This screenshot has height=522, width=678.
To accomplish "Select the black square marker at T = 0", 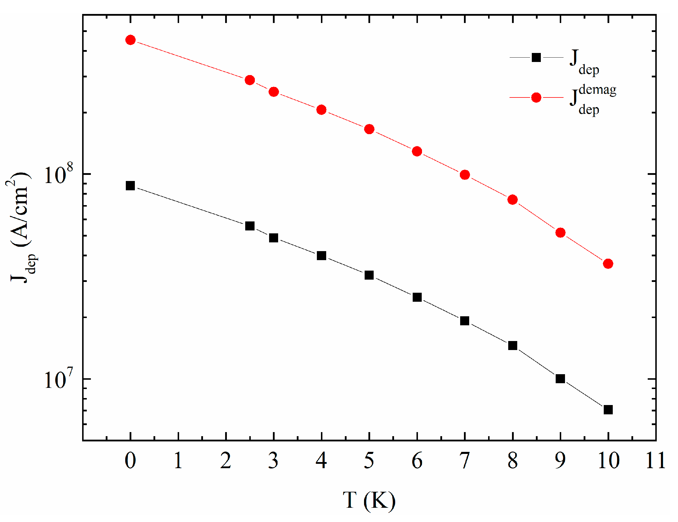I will (130, 186).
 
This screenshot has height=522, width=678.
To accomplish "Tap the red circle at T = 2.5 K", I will (250, 80).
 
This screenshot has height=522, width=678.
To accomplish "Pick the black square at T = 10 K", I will (608, 410).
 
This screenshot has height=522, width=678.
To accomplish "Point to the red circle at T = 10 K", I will (608, 264).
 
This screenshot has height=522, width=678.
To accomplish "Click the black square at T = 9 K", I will (560, 379).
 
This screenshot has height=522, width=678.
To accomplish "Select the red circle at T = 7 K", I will (465, 175).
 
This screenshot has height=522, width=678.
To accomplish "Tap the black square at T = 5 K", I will (369, 275).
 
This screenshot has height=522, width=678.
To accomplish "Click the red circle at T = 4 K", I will (322, 110).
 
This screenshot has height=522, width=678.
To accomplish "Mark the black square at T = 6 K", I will (417, 297).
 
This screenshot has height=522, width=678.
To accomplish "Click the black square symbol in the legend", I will (536, 58).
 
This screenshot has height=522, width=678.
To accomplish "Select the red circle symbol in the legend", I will (536, 98).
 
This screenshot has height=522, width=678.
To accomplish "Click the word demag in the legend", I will (597, 90).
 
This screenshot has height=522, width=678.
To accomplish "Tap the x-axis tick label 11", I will (656, 461).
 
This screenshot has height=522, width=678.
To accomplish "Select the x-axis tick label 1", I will (178, 461).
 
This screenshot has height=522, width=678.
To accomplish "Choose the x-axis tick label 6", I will (417, 461).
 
